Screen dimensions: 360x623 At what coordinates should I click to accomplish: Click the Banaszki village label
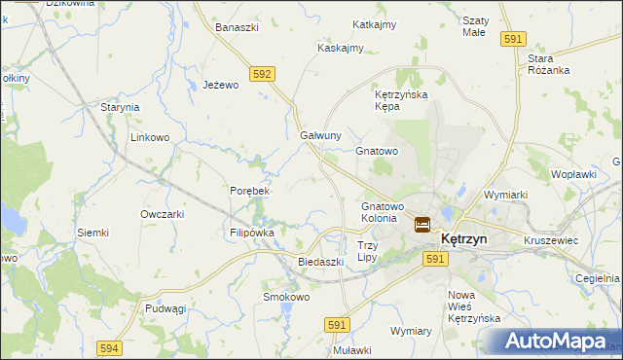tap(237, 27)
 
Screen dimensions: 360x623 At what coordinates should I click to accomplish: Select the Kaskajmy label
tap(340, 48)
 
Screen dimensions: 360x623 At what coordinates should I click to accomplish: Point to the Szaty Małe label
tap(474, 26)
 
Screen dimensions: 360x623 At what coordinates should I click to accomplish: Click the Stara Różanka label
tap(548, 64)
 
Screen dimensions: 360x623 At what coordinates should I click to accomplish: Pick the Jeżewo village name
tap(221, 86)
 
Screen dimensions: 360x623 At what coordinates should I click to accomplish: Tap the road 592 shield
tap(261, 73)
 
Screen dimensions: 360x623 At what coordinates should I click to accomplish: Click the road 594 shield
tap(109, 347)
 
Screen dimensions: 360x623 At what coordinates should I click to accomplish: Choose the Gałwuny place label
tap(320, 135)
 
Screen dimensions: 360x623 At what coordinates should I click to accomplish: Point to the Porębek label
tap(249, 191)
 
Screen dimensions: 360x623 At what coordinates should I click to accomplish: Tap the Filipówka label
tap(252, 234)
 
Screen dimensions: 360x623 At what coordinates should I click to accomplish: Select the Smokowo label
tap(285, 297)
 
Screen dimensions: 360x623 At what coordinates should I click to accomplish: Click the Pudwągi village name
tap(165, 308)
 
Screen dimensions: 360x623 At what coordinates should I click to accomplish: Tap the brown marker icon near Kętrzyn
tap(422, 225)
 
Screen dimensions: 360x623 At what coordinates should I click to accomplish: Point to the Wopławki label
tap(573, 174)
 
